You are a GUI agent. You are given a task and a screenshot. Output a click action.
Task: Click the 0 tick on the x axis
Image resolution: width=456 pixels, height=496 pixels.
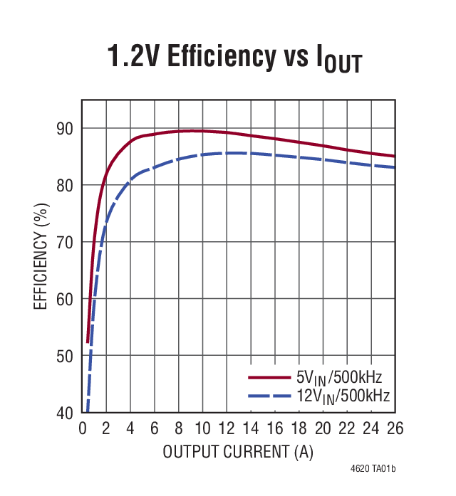82,428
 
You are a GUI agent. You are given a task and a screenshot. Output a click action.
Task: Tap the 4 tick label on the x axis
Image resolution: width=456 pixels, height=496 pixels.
130,428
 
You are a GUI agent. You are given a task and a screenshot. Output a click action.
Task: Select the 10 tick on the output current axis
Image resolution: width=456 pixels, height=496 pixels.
202,428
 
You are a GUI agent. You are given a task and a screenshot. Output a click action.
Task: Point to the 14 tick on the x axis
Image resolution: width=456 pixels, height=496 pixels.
250,428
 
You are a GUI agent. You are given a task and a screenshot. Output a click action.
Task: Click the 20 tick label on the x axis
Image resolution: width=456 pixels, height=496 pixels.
323,428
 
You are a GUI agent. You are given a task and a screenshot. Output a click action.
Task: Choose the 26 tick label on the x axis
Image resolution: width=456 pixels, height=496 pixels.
395,428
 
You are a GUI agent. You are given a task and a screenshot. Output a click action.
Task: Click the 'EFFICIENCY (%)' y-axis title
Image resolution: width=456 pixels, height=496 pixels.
41,257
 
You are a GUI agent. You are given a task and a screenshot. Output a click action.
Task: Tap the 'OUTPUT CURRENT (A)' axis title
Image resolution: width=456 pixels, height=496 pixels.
238,452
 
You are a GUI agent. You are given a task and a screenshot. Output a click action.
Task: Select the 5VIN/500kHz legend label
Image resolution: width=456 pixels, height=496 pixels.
343,376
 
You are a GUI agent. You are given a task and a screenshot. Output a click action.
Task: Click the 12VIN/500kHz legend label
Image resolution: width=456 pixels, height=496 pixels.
343,394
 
